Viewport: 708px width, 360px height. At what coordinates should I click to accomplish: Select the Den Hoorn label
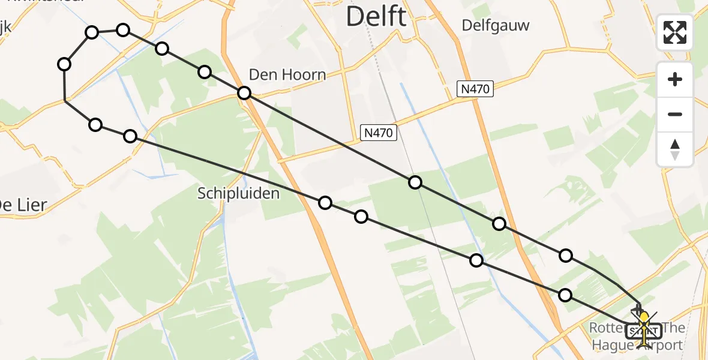coord(287,75)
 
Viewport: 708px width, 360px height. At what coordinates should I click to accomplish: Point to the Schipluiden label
coord(239,193)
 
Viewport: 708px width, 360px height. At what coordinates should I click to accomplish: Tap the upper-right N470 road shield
coord(475,89)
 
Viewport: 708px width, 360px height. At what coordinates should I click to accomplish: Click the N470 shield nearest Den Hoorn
coord(379,133)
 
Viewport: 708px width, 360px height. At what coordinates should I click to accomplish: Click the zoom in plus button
coord(675,79)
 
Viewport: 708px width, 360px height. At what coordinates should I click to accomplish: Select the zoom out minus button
coord(675,114)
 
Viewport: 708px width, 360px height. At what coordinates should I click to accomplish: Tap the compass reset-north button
coord(675,149)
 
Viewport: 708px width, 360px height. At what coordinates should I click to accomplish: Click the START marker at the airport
coord(644,331)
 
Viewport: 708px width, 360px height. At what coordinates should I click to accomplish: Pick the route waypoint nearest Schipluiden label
coord(325,203)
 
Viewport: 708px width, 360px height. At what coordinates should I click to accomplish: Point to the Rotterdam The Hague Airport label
coord(637,337)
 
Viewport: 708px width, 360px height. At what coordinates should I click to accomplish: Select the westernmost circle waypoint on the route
coord(65,64)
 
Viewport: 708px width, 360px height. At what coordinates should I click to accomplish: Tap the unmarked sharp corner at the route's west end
coord(65,101)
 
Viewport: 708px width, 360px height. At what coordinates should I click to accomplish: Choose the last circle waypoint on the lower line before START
coord(565,295)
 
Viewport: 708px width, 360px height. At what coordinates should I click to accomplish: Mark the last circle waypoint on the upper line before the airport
coord(565,256)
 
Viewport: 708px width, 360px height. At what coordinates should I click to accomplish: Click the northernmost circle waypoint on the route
coord(122,30)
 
